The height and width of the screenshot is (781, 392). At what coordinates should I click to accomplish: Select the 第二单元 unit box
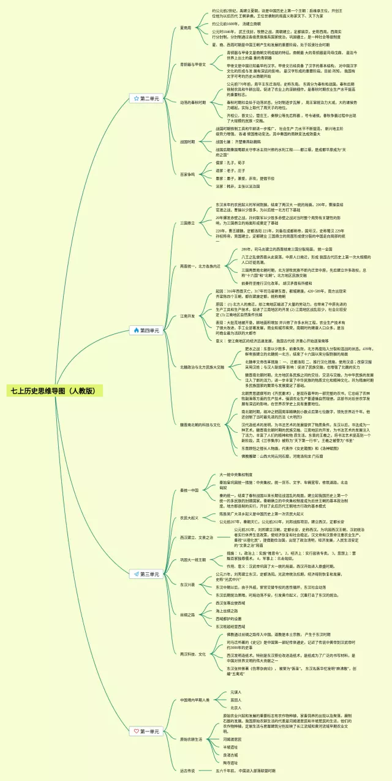coord(146,98)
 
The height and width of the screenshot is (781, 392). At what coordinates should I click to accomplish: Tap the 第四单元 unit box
coord(146,331)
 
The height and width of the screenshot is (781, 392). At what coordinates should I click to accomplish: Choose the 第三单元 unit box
coord(146,574)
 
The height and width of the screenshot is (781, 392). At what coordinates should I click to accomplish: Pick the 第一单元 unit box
coord(146,731)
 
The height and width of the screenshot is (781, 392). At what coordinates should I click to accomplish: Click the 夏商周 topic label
coord(186,28)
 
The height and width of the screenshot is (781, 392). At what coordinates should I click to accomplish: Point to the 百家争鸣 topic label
coord(187,174)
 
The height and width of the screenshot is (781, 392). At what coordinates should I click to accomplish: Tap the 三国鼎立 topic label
coord(187,223)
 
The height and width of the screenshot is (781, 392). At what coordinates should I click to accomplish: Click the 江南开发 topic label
coord(187,316)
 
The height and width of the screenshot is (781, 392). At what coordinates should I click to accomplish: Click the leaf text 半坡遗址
coord(230,747)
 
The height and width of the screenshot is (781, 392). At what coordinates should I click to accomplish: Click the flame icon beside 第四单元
coord(135,331)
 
